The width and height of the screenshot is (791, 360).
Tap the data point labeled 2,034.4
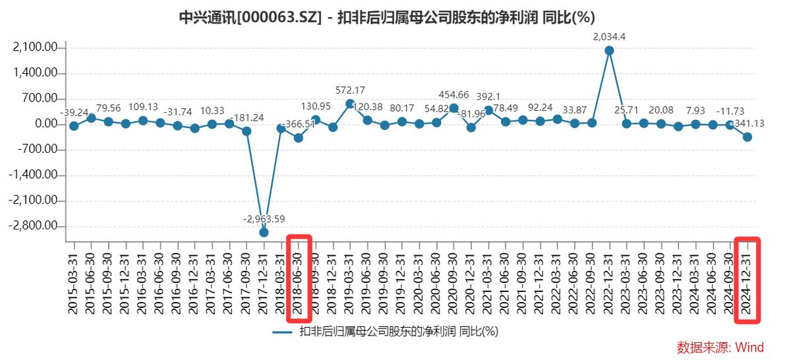609,50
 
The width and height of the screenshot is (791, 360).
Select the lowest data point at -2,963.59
264,232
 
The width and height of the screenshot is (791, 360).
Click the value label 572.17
350,90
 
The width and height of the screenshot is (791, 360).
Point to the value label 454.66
454,95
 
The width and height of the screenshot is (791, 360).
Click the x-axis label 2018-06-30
298,280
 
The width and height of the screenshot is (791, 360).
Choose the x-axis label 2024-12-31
747,280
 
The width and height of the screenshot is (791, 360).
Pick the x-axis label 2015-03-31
73,280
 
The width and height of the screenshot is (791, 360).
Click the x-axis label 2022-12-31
609,280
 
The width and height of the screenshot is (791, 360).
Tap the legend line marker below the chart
282,332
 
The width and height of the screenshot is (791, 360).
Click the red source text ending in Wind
720,347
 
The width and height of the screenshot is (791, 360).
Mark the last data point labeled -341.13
747,136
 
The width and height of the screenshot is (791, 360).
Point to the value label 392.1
488,97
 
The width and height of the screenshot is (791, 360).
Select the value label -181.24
247,118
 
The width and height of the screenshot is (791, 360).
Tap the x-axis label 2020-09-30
454,280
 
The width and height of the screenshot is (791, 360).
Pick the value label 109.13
142,107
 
